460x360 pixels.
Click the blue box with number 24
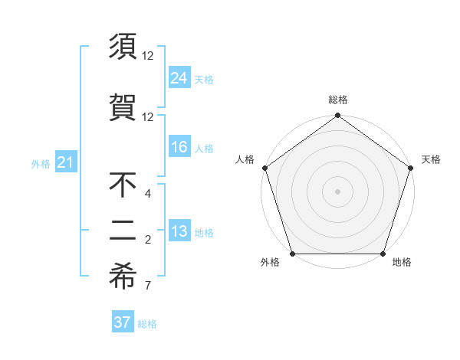[179, 77]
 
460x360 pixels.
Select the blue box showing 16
[179, 147]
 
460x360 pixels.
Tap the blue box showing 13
[179, 232]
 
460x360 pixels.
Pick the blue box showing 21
[65, 162]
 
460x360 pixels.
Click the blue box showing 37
[122, 322]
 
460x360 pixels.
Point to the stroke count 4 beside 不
[147, 194]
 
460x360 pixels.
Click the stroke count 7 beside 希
[147, 286]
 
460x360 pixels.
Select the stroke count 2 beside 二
[147, 241]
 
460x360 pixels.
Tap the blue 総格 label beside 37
[147, 324]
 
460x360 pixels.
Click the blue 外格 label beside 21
[41, 163]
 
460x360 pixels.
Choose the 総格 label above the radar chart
[337, 100]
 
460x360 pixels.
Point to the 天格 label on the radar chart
[431, 159]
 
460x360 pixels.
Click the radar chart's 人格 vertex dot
[264, 168]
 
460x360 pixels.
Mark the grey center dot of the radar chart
[337, 191]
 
